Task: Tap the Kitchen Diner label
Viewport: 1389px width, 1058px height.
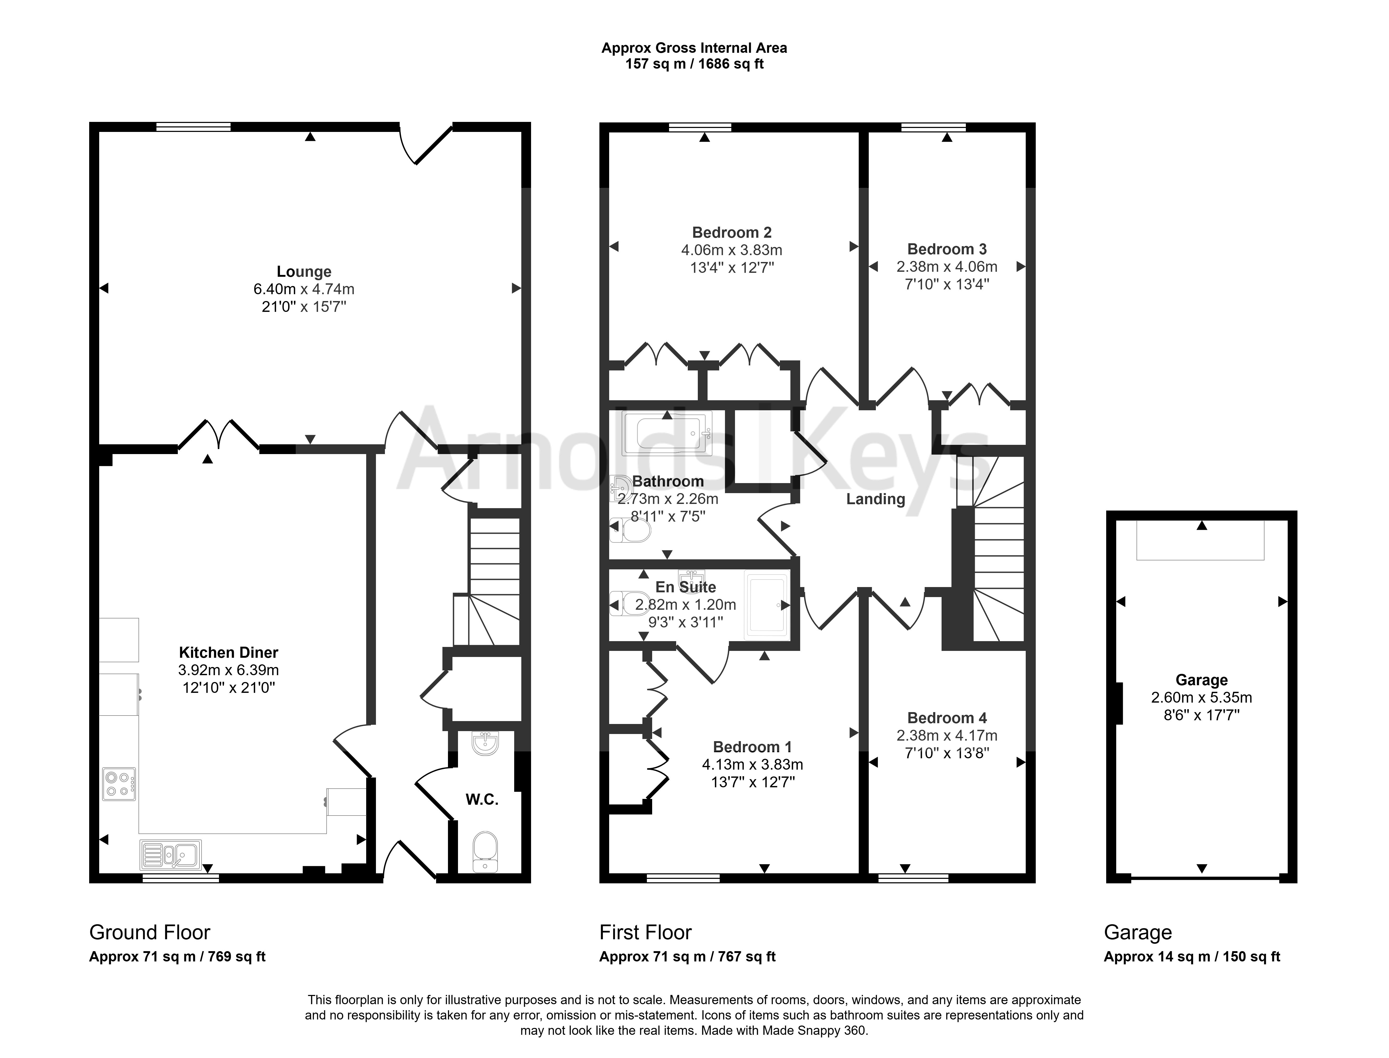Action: [x=228, y=652]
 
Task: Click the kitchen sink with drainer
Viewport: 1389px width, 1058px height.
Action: [x=171, y=855]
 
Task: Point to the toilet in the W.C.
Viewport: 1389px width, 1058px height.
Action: [x=485, y=850]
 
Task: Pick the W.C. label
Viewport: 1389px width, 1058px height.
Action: [x=482, y=800]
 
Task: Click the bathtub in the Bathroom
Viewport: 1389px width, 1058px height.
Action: [x=667, y=433]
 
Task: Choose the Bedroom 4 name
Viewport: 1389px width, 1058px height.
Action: [x=947, y=718]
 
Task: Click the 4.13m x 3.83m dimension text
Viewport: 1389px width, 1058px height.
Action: [x=752, y=765]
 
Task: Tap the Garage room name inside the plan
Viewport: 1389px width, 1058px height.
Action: [x=1201, y=680]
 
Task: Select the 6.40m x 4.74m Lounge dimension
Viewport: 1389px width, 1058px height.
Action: [x=304, y=289]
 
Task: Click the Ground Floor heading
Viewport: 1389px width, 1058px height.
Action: [x=150, y=932]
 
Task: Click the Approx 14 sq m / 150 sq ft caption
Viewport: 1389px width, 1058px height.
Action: [x=1192, y=957]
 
